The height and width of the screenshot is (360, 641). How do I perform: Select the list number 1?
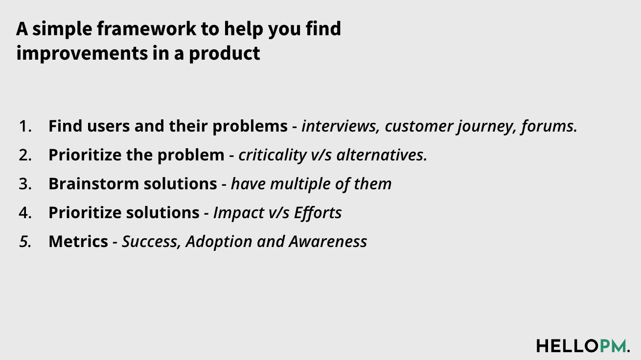(x=25, y=126)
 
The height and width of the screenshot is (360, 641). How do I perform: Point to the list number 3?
(x=25, y=184)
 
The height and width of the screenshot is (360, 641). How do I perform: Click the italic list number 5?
(x=25, y=242)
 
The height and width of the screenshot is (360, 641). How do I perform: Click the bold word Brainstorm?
(x=90, y=184)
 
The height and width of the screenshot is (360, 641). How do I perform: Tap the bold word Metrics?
(x=78, y=242)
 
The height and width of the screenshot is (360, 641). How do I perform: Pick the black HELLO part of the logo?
(x=567, y=345)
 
